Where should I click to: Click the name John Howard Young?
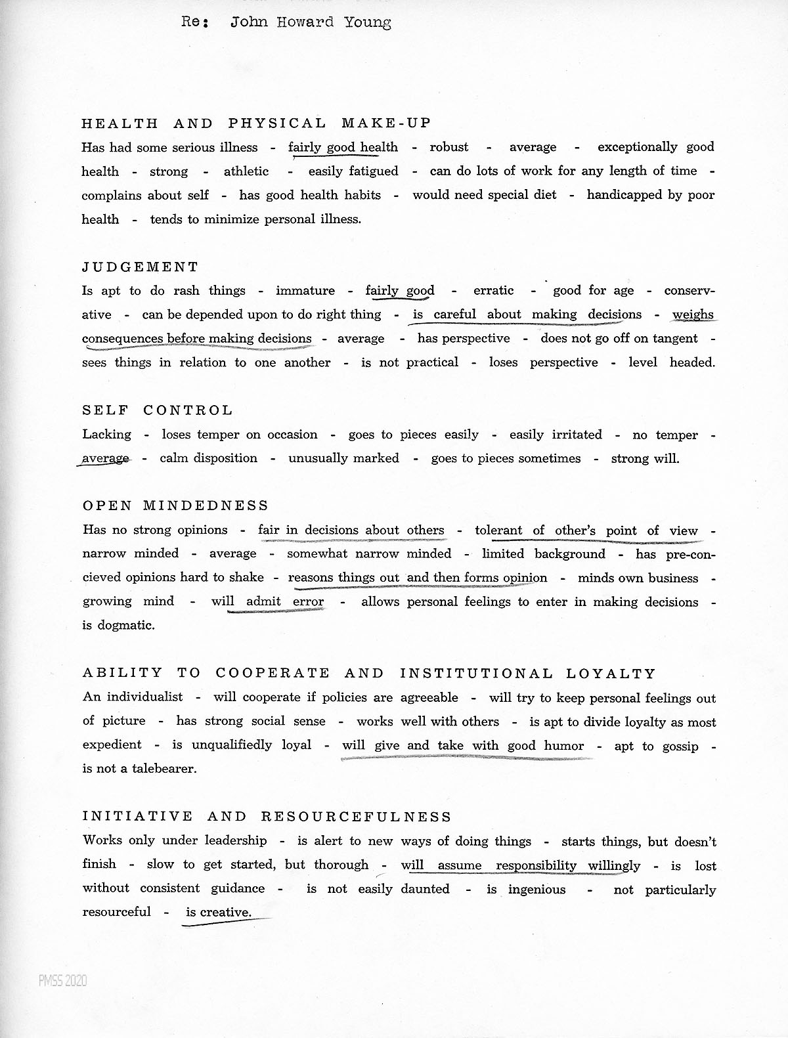point(311,23)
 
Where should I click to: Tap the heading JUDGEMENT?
point(140,267)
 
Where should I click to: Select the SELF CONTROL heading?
point(158,410)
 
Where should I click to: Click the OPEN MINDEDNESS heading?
point(176,506)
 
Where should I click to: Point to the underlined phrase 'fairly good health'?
point(343,147)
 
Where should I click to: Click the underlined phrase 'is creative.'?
point(218,913)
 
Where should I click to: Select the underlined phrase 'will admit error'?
point(267,601)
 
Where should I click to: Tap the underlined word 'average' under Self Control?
point(105,458)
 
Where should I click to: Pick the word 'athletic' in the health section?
point(246,171)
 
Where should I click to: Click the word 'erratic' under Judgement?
point(493,291)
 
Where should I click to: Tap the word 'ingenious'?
point(536,890)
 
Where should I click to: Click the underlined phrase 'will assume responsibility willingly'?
point(520,865)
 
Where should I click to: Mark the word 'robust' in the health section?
point(449,147)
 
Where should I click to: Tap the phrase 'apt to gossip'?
point(656,746)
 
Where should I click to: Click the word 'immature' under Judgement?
point(305,291)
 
